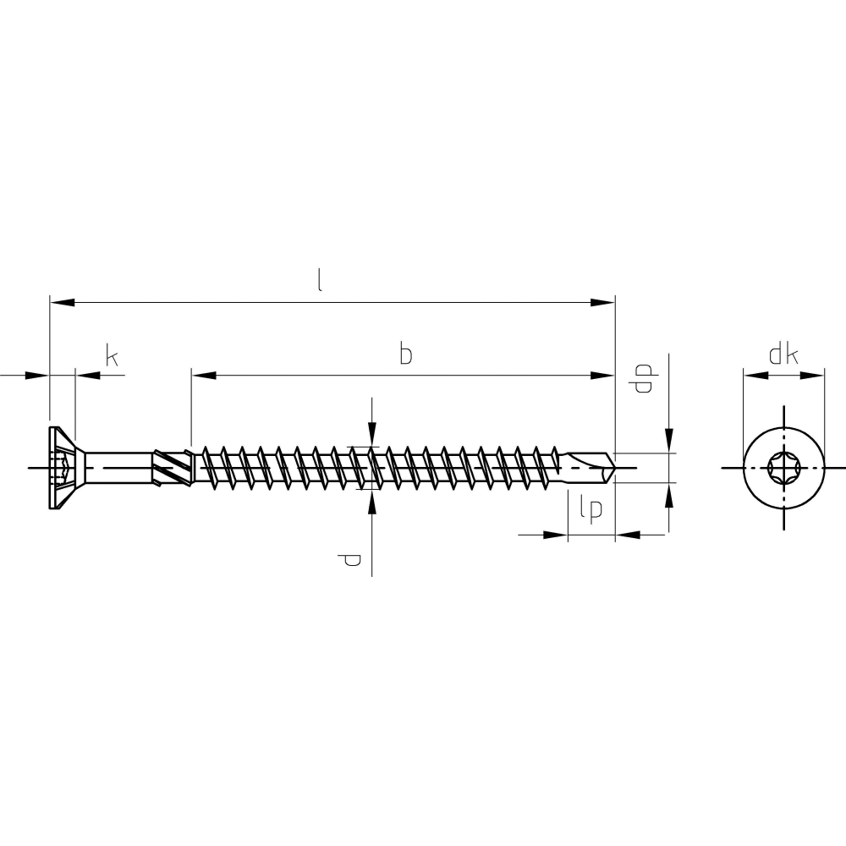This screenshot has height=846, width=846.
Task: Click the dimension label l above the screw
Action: point(320,281)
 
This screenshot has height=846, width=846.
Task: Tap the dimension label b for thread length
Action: point(406,354)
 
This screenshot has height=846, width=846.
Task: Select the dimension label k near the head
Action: point(112,357)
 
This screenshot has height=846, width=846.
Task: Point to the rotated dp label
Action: point(643,378)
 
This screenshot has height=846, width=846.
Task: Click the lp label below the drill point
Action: point(591,509)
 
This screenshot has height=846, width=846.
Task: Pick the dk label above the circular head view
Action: point(783,355)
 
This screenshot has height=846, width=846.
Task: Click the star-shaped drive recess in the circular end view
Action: point(783,468)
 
